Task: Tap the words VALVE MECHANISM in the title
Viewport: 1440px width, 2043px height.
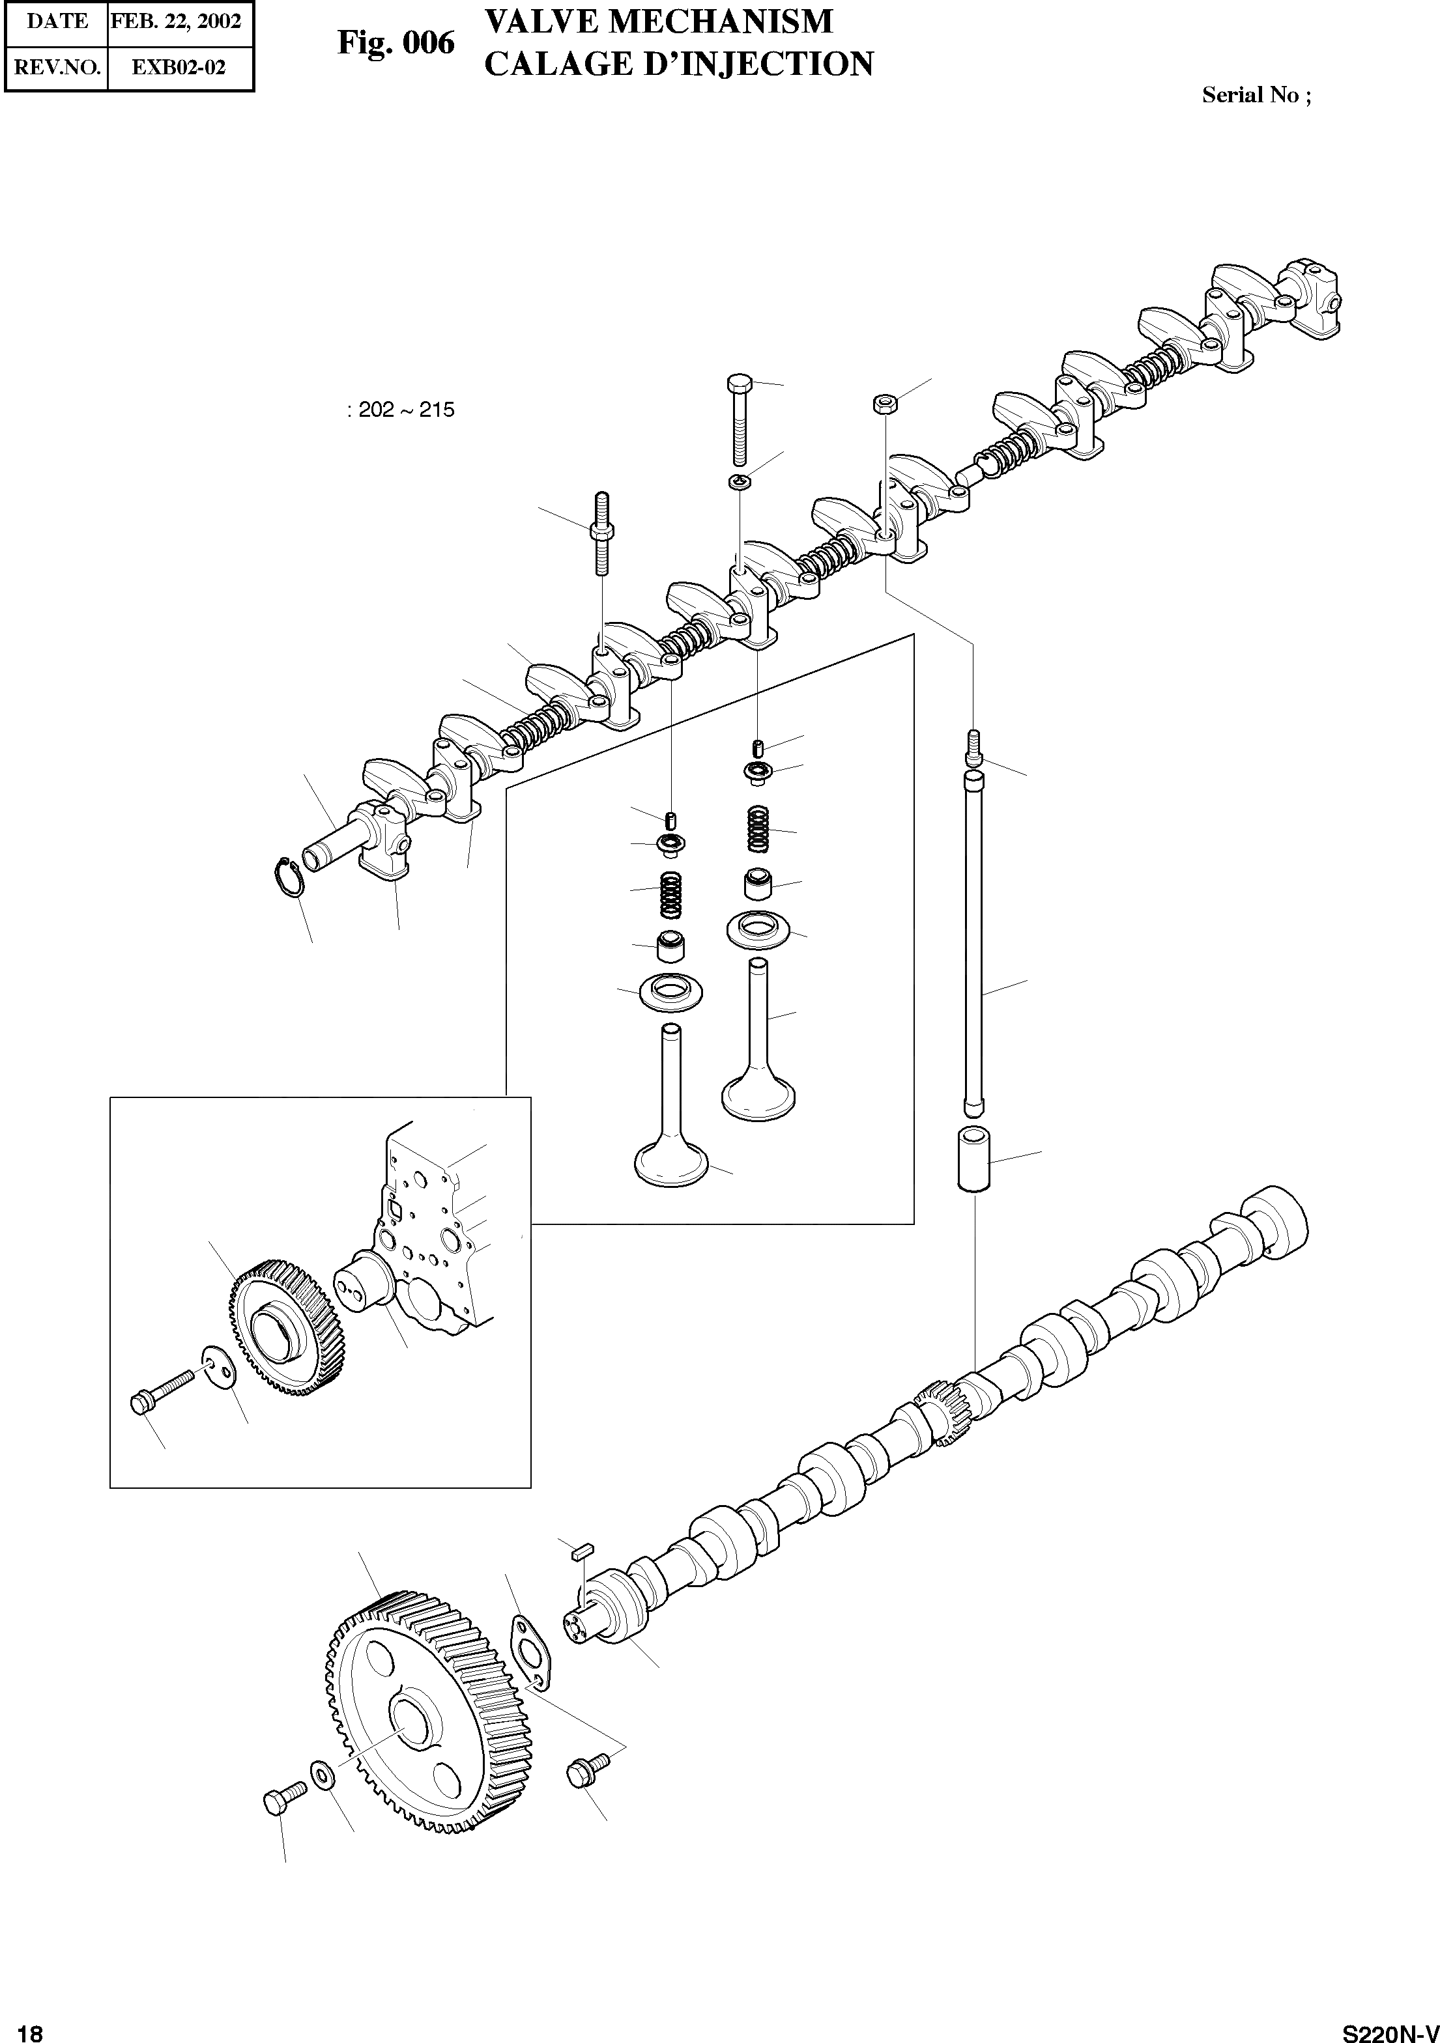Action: pos(659,21)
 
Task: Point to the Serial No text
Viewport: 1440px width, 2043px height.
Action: pos(1255,95)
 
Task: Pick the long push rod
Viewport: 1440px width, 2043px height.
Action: pos(973,943)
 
